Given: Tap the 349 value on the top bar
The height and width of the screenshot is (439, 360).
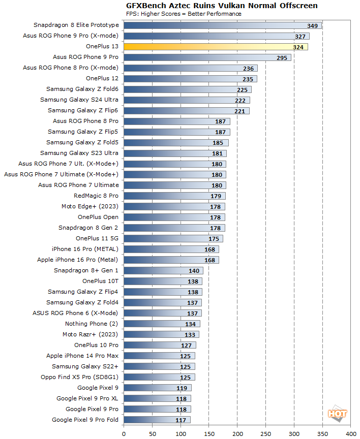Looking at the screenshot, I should coord(313,25).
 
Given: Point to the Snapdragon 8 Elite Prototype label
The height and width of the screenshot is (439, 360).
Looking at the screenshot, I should coord(76,25).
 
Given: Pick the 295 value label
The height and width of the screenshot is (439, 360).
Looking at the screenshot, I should coord(283,57).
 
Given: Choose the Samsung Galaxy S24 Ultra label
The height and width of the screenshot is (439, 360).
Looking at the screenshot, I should coord(79,100).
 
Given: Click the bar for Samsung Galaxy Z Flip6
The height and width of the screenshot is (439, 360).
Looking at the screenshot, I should coord(186,111).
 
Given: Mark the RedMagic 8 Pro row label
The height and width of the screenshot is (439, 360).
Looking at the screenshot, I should coord(96,196).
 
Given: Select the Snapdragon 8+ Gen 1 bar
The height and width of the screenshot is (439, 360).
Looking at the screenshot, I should coord(163,271).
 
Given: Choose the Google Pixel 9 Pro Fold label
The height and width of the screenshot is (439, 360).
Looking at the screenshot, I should coord(85,420).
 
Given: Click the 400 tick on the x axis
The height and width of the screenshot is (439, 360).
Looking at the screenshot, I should coord(351,433).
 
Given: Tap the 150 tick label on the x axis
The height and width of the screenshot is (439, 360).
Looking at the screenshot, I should coord(209,433).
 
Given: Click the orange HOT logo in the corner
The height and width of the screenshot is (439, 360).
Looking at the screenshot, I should coord(338,413).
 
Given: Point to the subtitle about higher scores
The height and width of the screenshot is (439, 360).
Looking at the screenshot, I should coord(184,14).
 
